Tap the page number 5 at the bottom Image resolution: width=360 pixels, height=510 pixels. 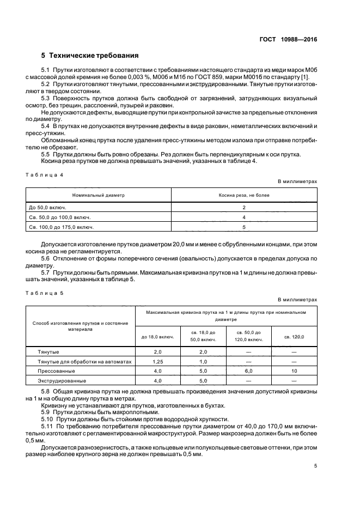(315, 466)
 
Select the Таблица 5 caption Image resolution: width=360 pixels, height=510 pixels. (45, 293)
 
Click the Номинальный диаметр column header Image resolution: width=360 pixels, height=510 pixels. (99, 195)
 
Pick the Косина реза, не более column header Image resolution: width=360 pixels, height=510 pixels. (244, 195)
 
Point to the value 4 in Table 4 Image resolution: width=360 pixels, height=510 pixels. (244, 217)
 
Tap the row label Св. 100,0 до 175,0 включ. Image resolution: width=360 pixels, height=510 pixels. (60, 227)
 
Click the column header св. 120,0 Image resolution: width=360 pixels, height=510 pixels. (294, 336)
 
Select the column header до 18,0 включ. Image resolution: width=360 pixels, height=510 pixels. (157, 336)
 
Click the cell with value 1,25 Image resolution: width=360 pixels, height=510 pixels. (157, 361)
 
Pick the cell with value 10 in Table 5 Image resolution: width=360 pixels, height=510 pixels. (294, 371)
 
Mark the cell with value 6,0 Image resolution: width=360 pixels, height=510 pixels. (248, 371)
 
